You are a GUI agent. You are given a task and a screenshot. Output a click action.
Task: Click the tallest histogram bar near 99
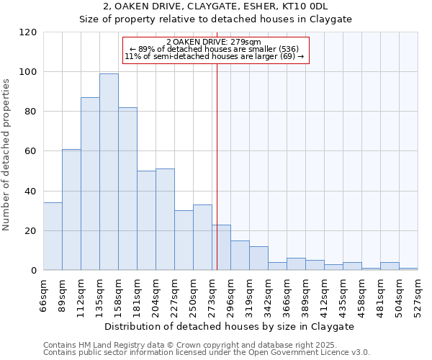pyautogui.click(x=109, y=172)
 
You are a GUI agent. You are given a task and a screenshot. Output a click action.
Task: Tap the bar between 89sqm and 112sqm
pyautogui.click(x=71, y=210)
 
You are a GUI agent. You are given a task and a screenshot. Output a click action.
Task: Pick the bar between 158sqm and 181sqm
pyautogui.click(x=127, y=189)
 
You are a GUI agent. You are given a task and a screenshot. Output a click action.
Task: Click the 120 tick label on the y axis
pyautogui.click(x=28, y=32)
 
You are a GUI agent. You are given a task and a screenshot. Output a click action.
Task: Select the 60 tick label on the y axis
pyautogui.click(x=31, y=151)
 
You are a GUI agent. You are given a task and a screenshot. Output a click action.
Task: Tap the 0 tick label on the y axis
pyautogui.click(x=34, y=271)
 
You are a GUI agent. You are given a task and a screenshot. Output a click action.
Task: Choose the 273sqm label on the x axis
pyautogui.click(x=212, y=294)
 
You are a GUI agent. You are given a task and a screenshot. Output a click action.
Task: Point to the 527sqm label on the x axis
pyautogui.click(x=418, y=294)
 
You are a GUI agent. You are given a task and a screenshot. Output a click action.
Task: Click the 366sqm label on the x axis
pyautogui.click(x=287, y=294)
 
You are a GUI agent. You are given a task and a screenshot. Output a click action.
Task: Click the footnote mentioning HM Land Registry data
pyautogui.click(x=194, y=345)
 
